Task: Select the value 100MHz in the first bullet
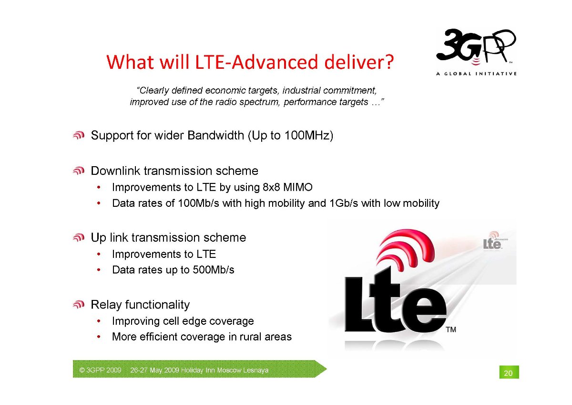(306, 135)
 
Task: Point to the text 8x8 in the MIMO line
(271, 187)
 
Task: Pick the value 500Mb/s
(213, 270)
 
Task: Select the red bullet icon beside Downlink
(78, 171)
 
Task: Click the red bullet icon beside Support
(78, 135)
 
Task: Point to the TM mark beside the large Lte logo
(451, 330)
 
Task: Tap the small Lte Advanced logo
(495, 241)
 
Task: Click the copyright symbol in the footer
(82, 370)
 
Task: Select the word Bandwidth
(215, 135)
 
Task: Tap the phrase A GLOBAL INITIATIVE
(477, 74)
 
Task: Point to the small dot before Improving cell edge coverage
(99, 321)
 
